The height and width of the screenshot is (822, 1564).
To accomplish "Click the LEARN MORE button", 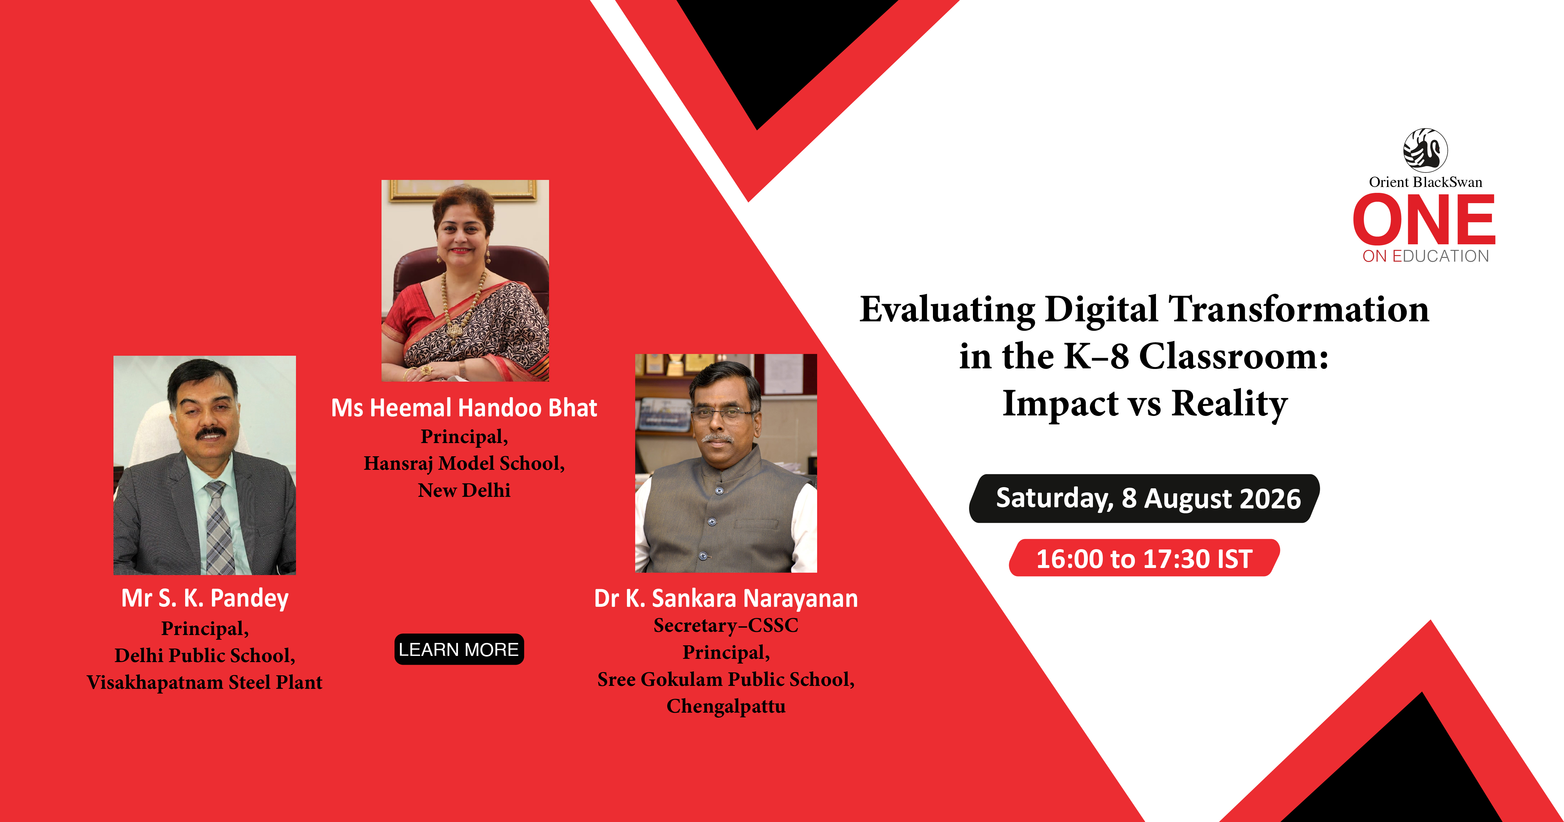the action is pyautogui.click(x=459, y=649).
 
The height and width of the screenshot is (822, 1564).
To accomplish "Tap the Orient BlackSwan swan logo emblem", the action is pyautogui.click(x=1425, y=150).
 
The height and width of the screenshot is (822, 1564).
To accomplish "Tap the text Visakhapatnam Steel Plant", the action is pyautogui.click(x=205, y=682).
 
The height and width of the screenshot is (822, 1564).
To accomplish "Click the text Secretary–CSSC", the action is pyautogui.click(x=726, y=625).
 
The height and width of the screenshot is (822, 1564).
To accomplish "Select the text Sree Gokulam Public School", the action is pyautogui.click(x=726, y=679).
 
